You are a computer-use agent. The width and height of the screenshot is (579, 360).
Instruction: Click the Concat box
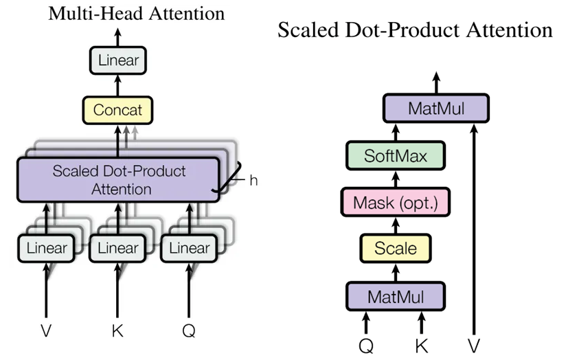click(117, 110)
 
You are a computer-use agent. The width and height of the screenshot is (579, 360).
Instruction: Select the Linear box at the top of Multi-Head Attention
click(117, 60)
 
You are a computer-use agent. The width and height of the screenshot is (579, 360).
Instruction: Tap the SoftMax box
click(395, 156)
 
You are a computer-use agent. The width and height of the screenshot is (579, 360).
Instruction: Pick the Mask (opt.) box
click(395, 203)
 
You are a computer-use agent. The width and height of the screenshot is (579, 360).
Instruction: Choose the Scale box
click(395, 247)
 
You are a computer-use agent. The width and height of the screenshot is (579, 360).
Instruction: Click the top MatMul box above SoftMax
click(434, 109)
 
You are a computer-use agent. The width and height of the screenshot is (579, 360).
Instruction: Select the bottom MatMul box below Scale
click(395, 297)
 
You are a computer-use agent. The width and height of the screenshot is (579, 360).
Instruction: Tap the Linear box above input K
click(117, 248)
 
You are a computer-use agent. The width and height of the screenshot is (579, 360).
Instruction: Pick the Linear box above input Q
click(188, 248)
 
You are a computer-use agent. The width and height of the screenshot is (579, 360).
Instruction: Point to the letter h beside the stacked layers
click(253, 181)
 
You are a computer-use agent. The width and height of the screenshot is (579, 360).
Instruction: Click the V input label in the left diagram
click(46, 330)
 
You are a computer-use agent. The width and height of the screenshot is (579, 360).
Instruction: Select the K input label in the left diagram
click(117, 330)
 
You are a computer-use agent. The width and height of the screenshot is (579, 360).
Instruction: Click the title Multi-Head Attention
click(136, 14)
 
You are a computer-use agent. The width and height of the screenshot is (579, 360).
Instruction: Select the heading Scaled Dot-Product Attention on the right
click(415, 30)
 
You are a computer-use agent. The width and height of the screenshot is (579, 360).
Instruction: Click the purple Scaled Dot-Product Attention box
click(118, 179)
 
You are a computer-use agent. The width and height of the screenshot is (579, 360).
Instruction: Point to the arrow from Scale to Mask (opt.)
click(395, 225)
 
